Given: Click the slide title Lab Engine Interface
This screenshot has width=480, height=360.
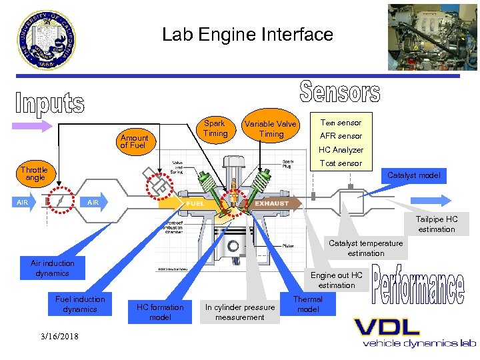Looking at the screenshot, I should pyautogui.click(x=247, y=35).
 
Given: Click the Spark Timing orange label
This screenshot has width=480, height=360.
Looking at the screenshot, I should pyautogui.click(x=215, y=129).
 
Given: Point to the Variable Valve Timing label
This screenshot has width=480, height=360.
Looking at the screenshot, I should pyautogui.click(x=271, y=129).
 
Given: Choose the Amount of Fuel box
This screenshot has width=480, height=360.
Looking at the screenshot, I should pyautogui.click(x=134, y=142).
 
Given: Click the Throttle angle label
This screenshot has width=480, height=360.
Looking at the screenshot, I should pyautogui.click(x=35, y=174).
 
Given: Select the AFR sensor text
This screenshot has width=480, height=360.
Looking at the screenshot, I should pyautogui.click(x=341, y=136).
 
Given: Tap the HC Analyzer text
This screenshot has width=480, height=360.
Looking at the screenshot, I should pyautogui.click(x=341, y=150).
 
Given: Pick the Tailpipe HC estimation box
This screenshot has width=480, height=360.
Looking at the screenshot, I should pyautogui.click(x=437, y=224).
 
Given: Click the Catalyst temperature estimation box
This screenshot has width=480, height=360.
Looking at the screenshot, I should pyautogui.click(x=365, y=248).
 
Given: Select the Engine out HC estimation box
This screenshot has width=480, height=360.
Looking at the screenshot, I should pyautogui.click(x=337, y=280).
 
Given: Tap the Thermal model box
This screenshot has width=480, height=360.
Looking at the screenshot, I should pyautogui.click(x=308, y=305).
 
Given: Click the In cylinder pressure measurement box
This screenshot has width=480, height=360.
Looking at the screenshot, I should pyautogui.click(x=239, y=312).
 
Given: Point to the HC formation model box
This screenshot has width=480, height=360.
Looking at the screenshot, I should pyautogui.click(x=160, y=312).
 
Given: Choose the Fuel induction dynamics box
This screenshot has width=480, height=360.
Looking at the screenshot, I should pyautogui.click(x=80, y=304).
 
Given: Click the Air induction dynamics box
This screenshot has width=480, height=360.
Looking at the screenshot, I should pyautogui.click(x=53, y=268).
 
